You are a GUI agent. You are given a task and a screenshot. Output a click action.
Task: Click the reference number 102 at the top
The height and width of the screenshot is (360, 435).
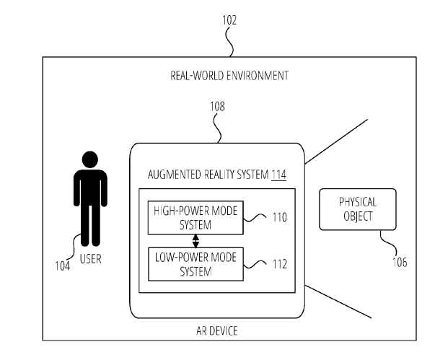pyautogui.click(x=230, y=22)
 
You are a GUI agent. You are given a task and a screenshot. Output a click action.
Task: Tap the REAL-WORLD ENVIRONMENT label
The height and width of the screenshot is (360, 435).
pyautogui.click(x=230, y=74)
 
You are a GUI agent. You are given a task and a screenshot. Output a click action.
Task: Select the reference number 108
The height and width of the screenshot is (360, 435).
pyautogui.click(x=217, y=105)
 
